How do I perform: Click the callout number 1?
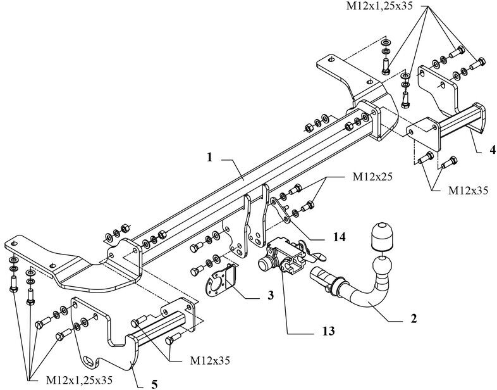[209, 158]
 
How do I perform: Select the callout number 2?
[414, 318]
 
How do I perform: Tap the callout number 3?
[271, 296]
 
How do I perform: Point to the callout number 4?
[493, 149]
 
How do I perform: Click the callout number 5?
[154, 384]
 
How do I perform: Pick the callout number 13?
[329, 331]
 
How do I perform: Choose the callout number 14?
[339, 237]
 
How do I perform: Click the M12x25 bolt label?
[372, 177]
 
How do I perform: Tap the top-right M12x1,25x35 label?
[379, 6]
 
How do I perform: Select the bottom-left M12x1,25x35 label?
[79, 379]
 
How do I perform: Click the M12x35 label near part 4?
[468, 191]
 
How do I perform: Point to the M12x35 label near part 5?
[210, 360]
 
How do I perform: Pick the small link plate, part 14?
[281, 210]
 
